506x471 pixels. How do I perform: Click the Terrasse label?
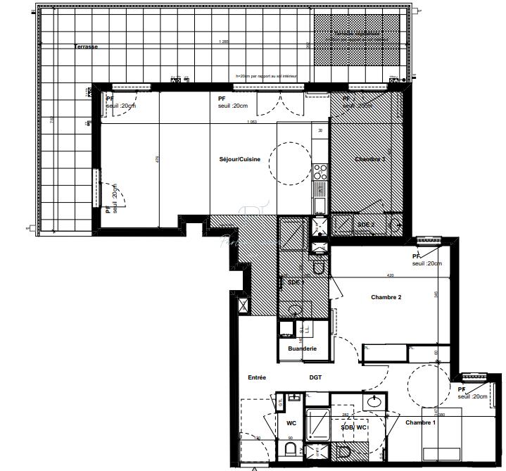(87, 46)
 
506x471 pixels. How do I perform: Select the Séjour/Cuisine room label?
(240, 159)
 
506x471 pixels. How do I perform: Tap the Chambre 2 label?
(386, 297)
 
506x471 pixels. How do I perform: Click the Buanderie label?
(303, 348)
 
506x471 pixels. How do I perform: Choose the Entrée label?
(257, 377)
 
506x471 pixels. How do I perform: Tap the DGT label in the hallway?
(315, 377)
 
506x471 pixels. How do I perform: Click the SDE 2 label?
(366, 224)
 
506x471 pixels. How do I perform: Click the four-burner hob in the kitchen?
(320, 172)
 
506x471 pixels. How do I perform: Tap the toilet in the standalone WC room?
(291, 449)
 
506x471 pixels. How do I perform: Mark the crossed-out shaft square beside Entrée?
(243, 306)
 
